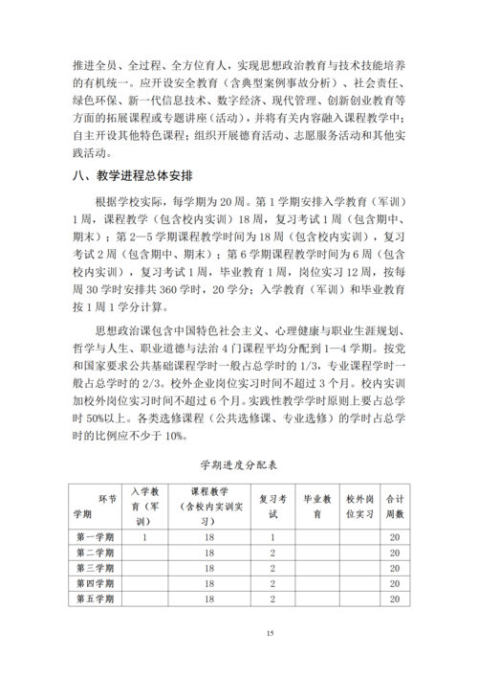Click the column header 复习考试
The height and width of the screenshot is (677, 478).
coord(273,506)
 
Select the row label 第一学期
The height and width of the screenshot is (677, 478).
coord(95,537)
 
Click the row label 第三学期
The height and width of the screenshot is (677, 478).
coord(95,568)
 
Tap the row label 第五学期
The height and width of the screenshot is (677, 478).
coord(95,598)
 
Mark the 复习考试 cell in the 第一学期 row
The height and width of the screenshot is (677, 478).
coord(273,537)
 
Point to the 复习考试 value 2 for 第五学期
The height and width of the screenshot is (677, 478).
coord(273,598)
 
